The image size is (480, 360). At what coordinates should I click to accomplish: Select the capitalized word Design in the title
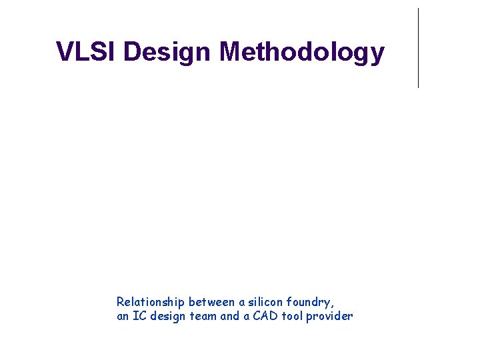pyautogui.click(x=167, y=52)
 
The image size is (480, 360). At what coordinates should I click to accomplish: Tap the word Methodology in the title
pyautogui.click(x=302, y=52)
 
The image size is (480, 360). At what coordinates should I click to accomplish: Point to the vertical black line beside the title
pyautogui.click(x=418, y=48)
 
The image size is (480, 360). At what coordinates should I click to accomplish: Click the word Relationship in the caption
pyautogui.click(x=150, y=302)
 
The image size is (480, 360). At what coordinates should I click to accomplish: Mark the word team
pyautogui.click(x=203, y=316)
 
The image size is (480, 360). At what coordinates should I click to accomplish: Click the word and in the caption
pyautogui.click(x=229, y=316)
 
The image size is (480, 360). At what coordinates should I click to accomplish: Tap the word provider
pyautogui.click(x=329, y=316)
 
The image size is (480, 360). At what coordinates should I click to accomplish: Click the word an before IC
pyautogui.click(x=123, y=316)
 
